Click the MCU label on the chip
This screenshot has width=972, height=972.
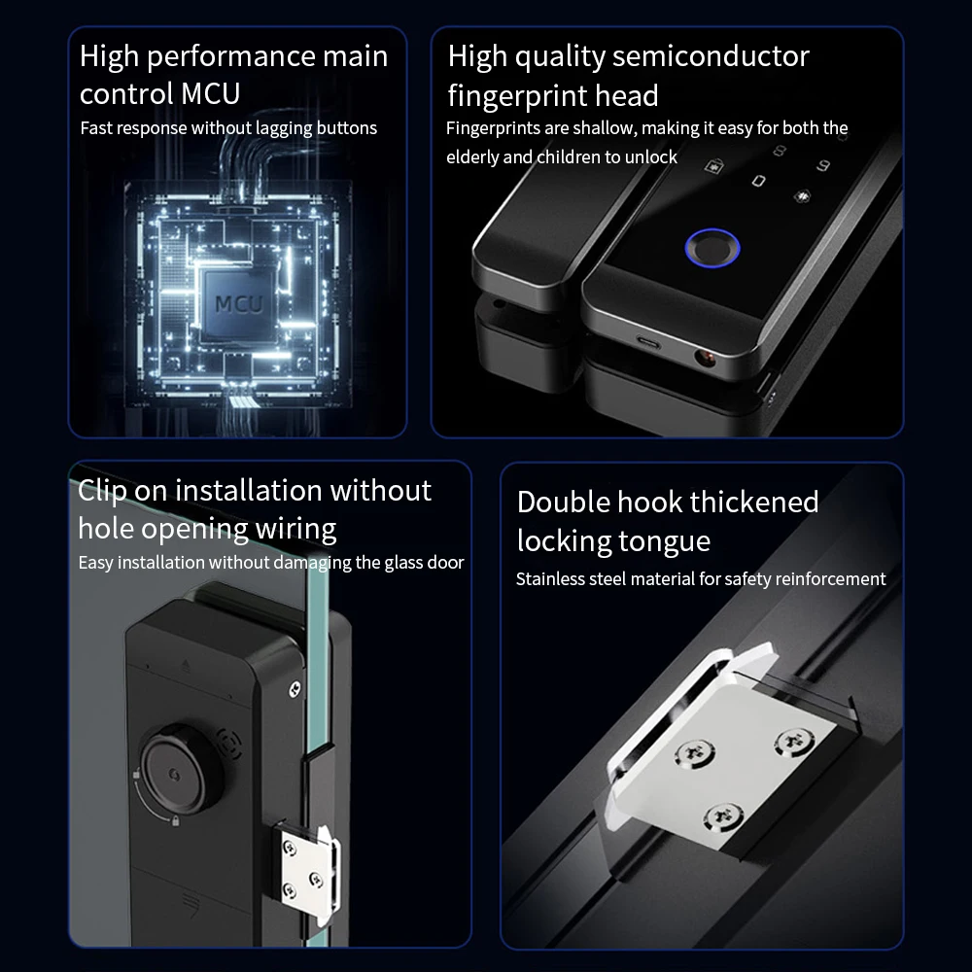click(239, 303)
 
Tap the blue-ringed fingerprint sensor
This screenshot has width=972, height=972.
click(712, 248)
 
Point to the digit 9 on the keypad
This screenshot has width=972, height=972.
click(822, 165)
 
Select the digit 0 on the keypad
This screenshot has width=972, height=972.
click(759, 181)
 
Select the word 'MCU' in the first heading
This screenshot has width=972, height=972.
click(211, 94)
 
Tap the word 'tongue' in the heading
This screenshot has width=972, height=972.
click(665, 542)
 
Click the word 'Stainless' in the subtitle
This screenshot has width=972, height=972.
click(551, 579)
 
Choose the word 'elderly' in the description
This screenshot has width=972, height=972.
click(472, 157)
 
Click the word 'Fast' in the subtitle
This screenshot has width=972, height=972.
click(96, 128)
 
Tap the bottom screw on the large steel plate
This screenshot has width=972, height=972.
click(723, 817)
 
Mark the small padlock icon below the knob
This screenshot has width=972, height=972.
click(175, 820)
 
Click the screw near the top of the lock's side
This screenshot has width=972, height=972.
click(295, 688)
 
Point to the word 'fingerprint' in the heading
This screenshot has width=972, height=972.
click(518, 96)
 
